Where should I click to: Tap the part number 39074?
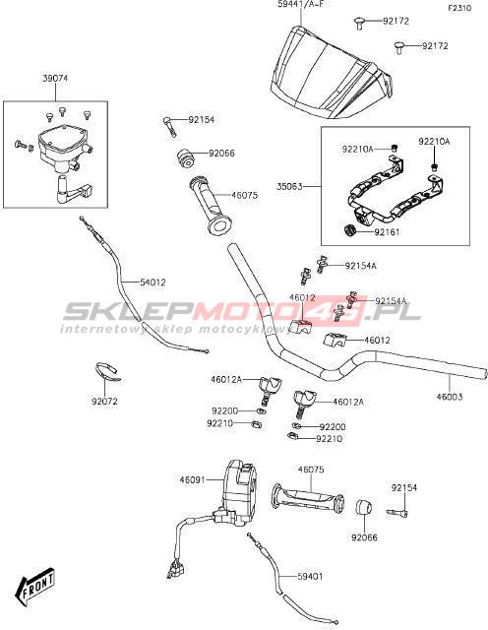click(x=55, y=79)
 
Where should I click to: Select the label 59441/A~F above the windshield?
click(x=300, y=5)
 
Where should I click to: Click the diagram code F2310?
click(x=459, y=8)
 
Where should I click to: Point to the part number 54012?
click(x=152, y=283)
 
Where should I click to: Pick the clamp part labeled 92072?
click(x=107, y=372)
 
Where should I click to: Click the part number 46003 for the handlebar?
click(x=450, y=397)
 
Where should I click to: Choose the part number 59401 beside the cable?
click(x=310, y=576)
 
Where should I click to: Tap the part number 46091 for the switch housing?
click(x=193, y=479)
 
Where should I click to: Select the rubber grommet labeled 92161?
click(x=351, y=231)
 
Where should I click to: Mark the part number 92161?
click(x=388, y=232)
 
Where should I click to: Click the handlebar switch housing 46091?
click(x=238, y=494)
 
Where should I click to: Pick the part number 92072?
click(x=105, y=402)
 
